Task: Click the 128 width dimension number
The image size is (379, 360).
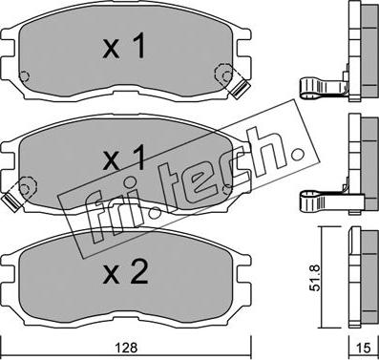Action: tap(127, 348)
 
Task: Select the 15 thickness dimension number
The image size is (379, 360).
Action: tap(363, 349)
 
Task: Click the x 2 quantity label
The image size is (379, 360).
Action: tap(126, 271)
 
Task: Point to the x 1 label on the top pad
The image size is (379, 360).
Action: tap(124, 46)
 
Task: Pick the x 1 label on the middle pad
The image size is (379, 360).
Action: tap(124, 157)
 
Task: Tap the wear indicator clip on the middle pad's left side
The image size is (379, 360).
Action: tap(11, 202)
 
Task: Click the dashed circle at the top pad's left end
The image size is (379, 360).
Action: tap(24, 76)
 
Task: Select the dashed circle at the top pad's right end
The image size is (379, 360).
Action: tap(223, 74)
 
